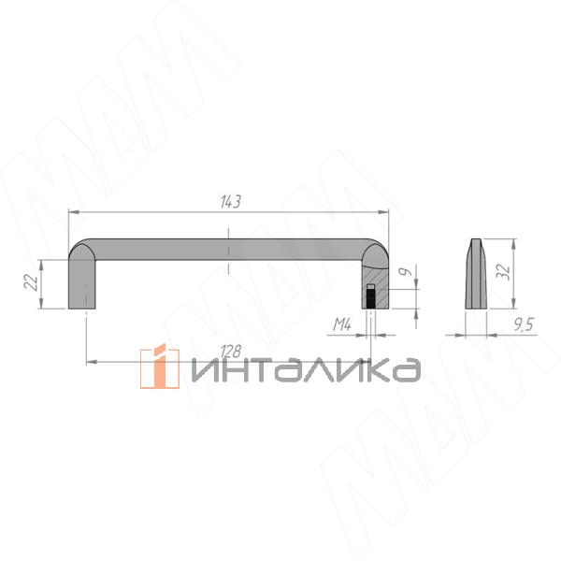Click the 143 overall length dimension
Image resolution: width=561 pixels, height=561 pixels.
pos(231,202)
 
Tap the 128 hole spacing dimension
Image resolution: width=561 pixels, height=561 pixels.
pos(231,352)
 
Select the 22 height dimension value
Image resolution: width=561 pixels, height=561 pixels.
pos(31,282)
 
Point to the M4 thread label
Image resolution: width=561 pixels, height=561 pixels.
pos(342,324)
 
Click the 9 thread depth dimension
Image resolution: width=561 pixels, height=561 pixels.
pos(406,272)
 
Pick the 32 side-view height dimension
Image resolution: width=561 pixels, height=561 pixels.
pos(503,272)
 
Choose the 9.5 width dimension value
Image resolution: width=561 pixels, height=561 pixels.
pos(524,324)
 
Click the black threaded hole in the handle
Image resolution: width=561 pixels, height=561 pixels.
pos(371,296)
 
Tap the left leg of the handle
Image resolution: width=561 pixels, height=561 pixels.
pos(82,284)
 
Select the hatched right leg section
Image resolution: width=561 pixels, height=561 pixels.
pos(375,287)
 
